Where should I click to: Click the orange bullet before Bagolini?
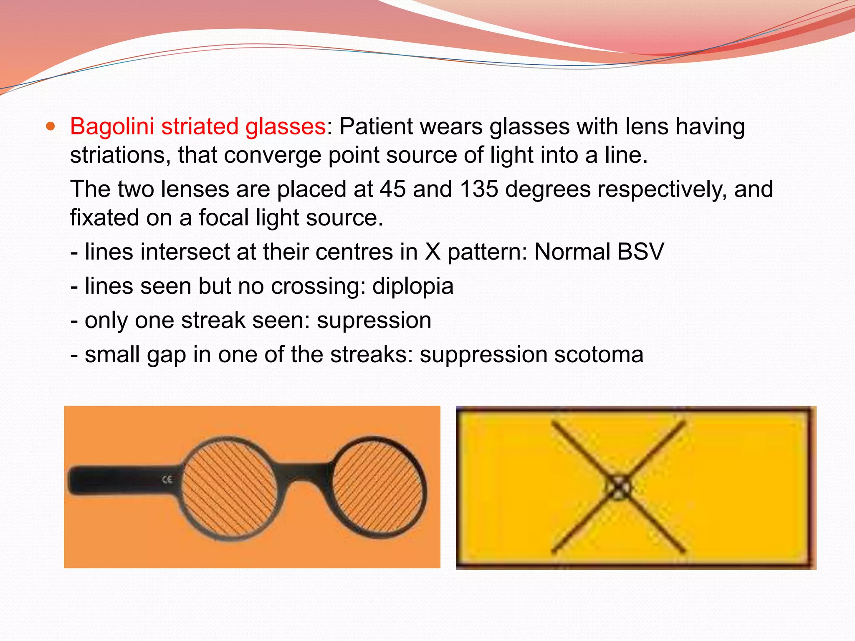pyautogui.click(x=51, y=126)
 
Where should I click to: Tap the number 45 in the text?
pyautogui.click(x=392, y=189)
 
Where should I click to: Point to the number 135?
pyautogui.click(x=479, y=189)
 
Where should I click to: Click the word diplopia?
pyautogui.click(x=412, y=286)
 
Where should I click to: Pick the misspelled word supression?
pyautogui.click(x=374, y=321)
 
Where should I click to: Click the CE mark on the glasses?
pyautogui.click(x=167, y=479)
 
